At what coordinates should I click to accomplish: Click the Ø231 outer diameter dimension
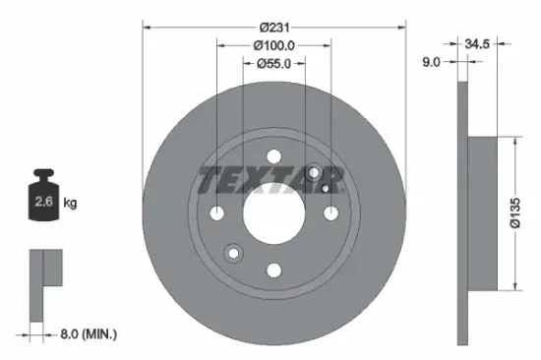click(274, 27)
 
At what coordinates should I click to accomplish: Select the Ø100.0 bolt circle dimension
click(274, 45)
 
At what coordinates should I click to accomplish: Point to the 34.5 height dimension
click(480, 44)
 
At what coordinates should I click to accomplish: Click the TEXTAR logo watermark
click(270, 180)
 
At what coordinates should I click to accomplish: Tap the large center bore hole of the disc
click(274, 212)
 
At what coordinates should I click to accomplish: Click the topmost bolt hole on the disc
click(274, 155)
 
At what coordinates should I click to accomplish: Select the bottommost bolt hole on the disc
click(274, 270)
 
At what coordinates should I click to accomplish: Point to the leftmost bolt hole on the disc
click(217, 212)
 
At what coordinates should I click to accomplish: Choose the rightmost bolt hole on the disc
click(331, 212)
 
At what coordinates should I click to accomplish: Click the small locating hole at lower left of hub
click(233, 254)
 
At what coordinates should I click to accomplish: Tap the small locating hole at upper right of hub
click(315, 172)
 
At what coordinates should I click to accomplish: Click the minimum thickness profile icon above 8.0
click(43, 281)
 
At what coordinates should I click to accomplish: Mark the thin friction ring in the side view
click(462, 212)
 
